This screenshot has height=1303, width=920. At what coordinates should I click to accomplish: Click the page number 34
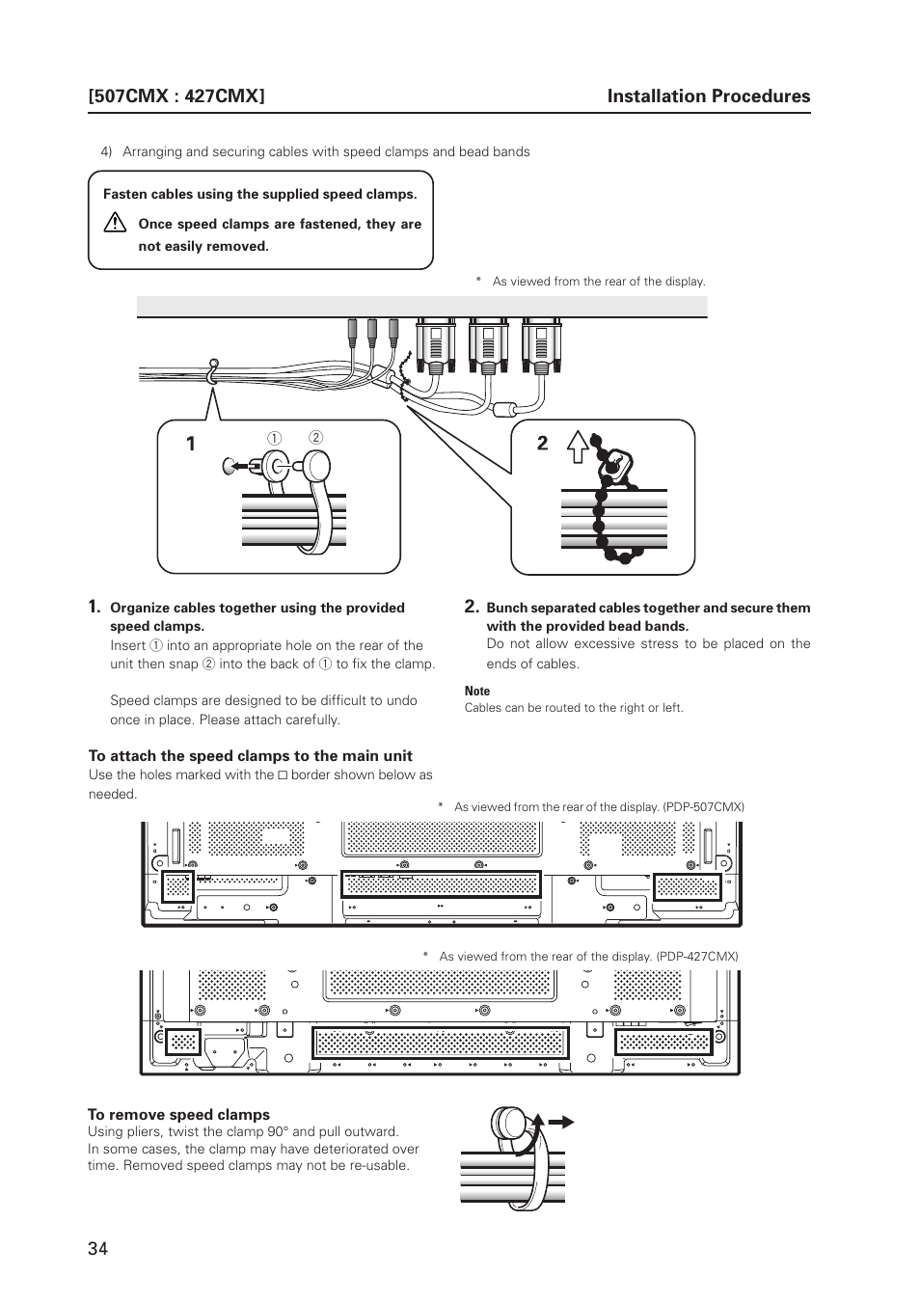tap(97, 1248)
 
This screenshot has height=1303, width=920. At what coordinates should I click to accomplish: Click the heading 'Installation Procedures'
tap(709, 95)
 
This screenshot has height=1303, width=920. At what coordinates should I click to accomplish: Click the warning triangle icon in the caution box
tap(116, 224)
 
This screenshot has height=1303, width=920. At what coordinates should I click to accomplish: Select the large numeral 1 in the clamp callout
tap(191, 444)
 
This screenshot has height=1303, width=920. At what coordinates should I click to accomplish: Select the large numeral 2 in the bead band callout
tap(543, 444)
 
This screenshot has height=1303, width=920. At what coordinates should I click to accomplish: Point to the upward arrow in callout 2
tap(577, 447)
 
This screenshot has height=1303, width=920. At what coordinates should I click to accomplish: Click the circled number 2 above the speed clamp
tap(315, 437)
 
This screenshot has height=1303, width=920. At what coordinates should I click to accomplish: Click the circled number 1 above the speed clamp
tap(273, 439)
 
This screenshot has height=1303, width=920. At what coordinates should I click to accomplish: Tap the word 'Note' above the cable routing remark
tap(477, 691)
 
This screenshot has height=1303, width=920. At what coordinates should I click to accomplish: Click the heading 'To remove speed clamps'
tap(178, 1114)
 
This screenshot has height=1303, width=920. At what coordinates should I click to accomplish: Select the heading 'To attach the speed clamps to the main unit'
tap(250, 755)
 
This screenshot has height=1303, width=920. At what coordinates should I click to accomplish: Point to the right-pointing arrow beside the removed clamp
tap(560, 1122)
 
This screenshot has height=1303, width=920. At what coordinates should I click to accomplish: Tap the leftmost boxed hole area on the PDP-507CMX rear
tap(177, 885)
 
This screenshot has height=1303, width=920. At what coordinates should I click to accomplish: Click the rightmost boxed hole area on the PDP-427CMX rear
tap(663, 1042)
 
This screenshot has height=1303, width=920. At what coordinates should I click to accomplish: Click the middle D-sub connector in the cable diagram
tap(487, 344)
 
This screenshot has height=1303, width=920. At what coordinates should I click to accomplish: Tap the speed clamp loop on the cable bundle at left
tap(212, 370)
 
